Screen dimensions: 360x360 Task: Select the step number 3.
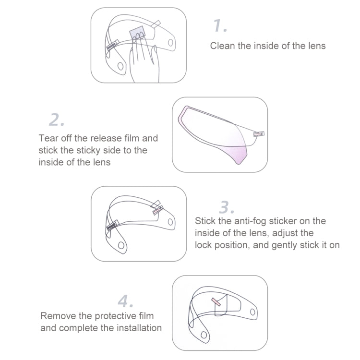point(227,207)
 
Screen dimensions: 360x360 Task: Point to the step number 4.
point(126,301)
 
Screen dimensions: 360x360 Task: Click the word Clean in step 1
point(222,46)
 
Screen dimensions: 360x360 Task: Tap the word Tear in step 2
point(48,138)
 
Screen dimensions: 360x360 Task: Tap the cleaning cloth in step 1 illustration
point(139,33)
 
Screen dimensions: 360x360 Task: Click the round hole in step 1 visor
point(120,65)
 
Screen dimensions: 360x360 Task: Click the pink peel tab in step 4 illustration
point(216,301)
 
